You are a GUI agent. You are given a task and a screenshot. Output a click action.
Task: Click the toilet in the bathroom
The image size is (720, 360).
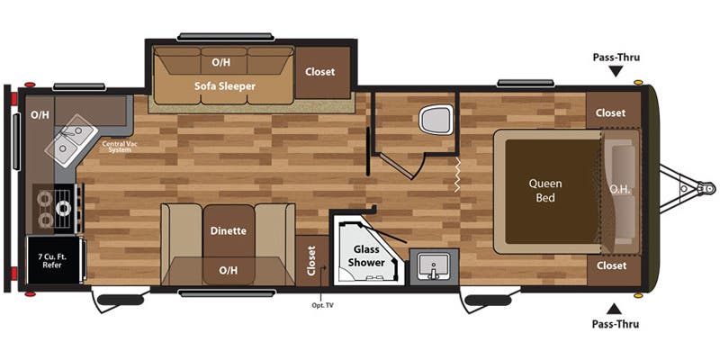[x=438, y=119]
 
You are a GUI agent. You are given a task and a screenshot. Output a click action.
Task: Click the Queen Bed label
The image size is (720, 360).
[x=545, y=190]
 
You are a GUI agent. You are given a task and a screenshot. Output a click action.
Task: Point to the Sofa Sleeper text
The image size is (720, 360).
[x=225, y=86]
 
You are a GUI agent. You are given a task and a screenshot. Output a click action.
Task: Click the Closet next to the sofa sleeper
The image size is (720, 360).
[x=320, y=72]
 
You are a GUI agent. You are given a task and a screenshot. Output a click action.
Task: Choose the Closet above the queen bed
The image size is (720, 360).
[x=610, y=112]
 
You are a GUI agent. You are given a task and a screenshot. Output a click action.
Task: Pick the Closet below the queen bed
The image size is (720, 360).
[x=610, y=265]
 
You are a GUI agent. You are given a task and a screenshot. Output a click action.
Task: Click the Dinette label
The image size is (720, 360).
[x=228, y=230]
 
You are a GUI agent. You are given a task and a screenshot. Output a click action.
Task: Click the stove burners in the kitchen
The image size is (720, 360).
[x=55, y=208]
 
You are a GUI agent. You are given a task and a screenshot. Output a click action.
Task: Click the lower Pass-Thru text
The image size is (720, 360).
[x=616, y=324]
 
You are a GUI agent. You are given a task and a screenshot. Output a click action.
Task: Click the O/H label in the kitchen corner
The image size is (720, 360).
[x=40, y=114]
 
